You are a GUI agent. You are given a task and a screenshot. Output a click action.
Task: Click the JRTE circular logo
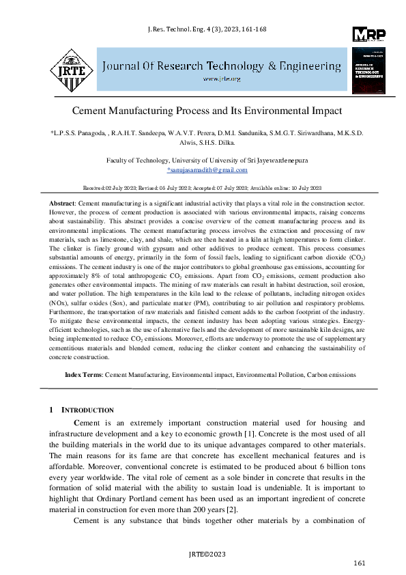(x=70, y=67)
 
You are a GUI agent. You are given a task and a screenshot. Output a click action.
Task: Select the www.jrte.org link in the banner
(x=222, y=79)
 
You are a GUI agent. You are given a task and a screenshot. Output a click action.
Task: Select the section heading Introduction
(x=88, y=410)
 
